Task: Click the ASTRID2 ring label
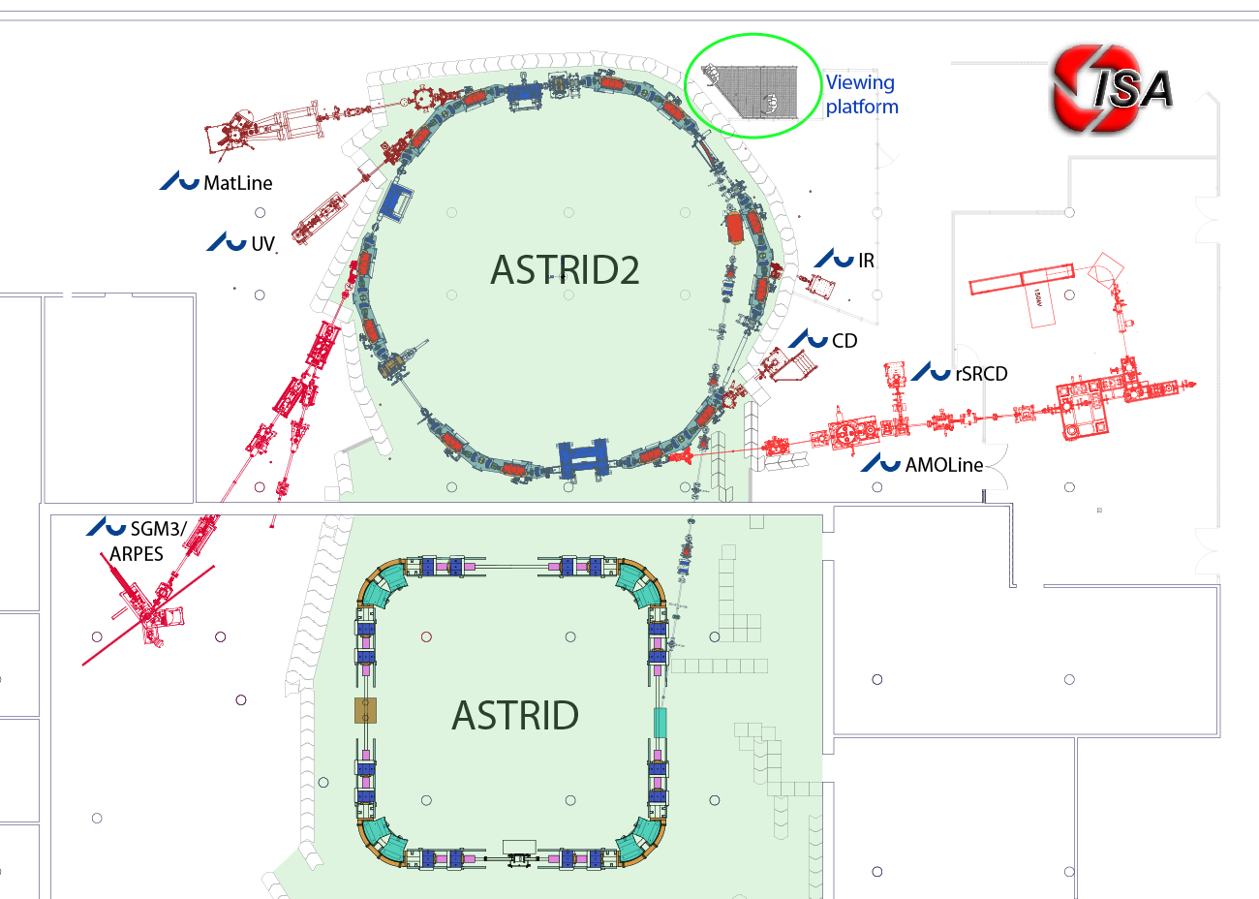coord(565,270)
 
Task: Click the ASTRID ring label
coord(515,716)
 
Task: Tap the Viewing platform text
coord(861,95)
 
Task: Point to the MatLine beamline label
coord(237,183)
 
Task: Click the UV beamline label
coord(262,244)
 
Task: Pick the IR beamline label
coord(866,261)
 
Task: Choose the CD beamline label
coord(844,341)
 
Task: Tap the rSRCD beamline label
coord(981,374)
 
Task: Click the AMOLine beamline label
coord(944,465)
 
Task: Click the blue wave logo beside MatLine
coord(179,181)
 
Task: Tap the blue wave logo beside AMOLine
coord(881,464)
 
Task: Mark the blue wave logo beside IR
coord(834,259)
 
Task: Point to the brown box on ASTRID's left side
coord(365,710)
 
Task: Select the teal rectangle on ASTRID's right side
coord(660,723)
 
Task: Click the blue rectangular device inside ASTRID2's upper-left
coord(396,201)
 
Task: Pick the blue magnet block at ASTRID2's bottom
coord(583,457)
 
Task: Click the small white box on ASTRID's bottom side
coord(519,848)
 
